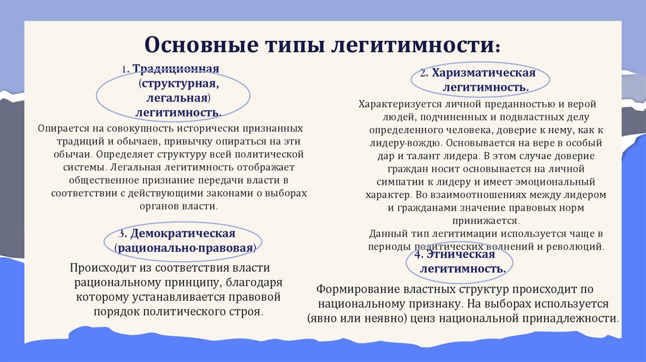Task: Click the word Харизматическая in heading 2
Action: coord(483,73)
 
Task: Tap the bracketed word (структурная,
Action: coord(179,84)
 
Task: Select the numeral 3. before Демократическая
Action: coord(126,235)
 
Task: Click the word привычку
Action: coord(177,141)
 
